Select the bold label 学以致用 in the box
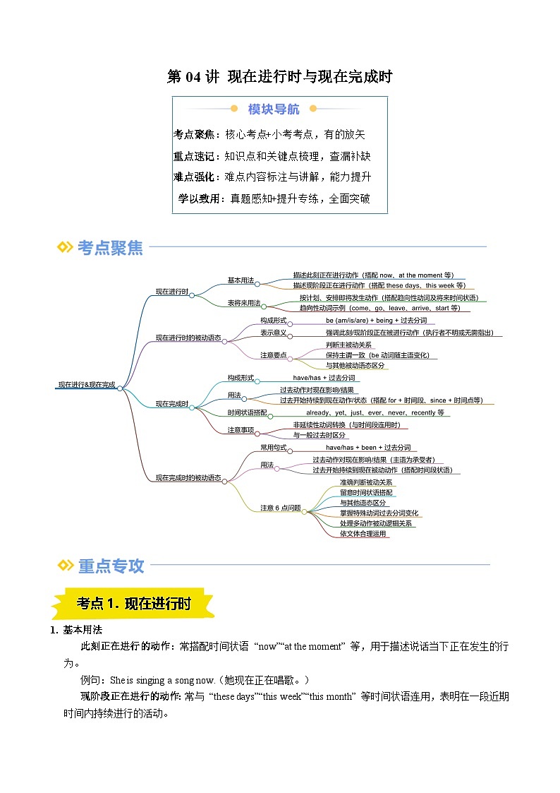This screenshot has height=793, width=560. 200,198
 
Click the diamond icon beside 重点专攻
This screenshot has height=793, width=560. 64,565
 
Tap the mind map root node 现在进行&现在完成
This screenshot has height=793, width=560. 86,385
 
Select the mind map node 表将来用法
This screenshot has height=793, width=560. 243,303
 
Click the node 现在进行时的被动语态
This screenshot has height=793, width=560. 188,338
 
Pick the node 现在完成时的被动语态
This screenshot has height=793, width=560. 188,478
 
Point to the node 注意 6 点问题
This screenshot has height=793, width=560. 280,508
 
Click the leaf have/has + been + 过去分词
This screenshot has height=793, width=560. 367,448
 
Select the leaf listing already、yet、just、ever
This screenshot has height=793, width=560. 375,412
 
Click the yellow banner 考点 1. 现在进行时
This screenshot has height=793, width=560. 133,604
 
